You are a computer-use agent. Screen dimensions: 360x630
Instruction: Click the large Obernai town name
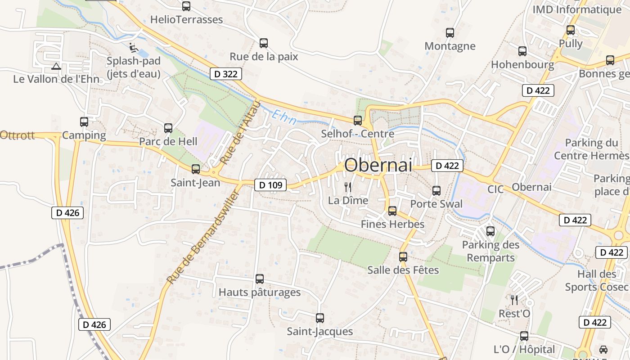[378, 165]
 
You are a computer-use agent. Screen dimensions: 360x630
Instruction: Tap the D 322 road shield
[226, 74]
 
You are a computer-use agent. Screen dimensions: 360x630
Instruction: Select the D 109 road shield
[270, 184]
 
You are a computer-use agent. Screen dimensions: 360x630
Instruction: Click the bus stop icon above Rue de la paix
[264, 43]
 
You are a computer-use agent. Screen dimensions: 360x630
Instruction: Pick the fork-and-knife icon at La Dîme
[348, 187]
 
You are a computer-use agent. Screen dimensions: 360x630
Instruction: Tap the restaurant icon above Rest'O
[514, 300]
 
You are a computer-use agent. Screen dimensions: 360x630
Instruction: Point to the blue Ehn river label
[284, 117]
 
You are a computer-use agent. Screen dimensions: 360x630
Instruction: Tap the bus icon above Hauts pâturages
[260, 279]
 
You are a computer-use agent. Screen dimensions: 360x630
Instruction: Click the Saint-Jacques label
[320, 332]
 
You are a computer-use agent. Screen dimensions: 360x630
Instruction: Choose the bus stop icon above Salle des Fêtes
[403, 257]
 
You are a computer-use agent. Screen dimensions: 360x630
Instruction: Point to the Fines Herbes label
[392, 224]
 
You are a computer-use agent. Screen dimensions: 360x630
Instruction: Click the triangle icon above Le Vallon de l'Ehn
[56, 67]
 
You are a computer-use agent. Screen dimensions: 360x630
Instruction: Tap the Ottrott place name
[17, 135]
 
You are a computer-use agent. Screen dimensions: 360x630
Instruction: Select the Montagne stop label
[450, 46]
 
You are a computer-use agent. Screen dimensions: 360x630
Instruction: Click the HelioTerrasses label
[186, 19]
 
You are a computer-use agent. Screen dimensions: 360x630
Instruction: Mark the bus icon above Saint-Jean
[196, 169]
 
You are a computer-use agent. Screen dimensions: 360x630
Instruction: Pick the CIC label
[495, 189]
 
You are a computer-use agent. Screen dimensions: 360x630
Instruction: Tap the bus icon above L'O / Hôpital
[524, 336]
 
